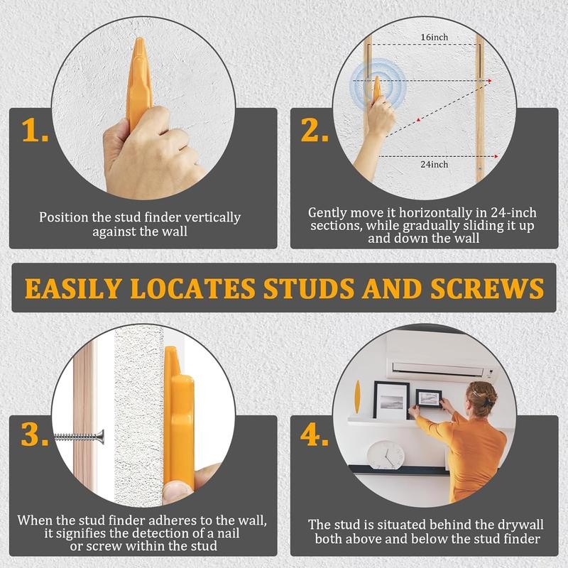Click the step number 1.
pyautogui.click(x=33, y=131)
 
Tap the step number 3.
pyautogui.click(x=33, y=435)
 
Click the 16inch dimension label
pyautogui.click(x=433, y=37)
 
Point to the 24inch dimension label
pyautogui.click(x=433, y=165)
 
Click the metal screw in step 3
pyautogui.click(x=80, y=436)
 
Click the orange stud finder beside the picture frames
pyautogui.click(x=357, y=398)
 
